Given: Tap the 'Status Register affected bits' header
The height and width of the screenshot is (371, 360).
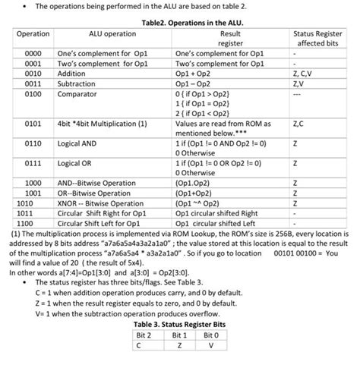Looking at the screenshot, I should [319, 39].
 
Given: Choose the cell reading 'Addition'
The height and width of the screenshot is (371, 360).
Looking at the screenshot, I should [72, 74].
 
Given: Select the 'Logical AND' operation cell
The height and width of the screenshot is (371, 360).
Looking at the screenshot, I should [80, 142].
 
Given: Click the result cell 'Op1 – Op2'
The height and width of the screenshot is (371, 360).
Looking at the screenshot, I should [194, 84].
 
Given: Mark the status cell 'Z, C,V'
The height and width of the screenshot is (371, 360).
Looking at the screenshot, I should [303, 74].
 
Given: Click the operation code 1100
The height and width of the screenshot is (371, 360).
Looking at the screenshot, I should [25, 223].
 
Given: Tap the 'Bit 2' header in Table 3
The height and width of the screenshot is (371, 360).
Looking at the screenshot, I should [144, 334].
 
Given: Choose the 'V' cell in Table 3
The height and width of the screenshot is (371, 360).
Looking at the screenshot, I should [214, 344].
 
